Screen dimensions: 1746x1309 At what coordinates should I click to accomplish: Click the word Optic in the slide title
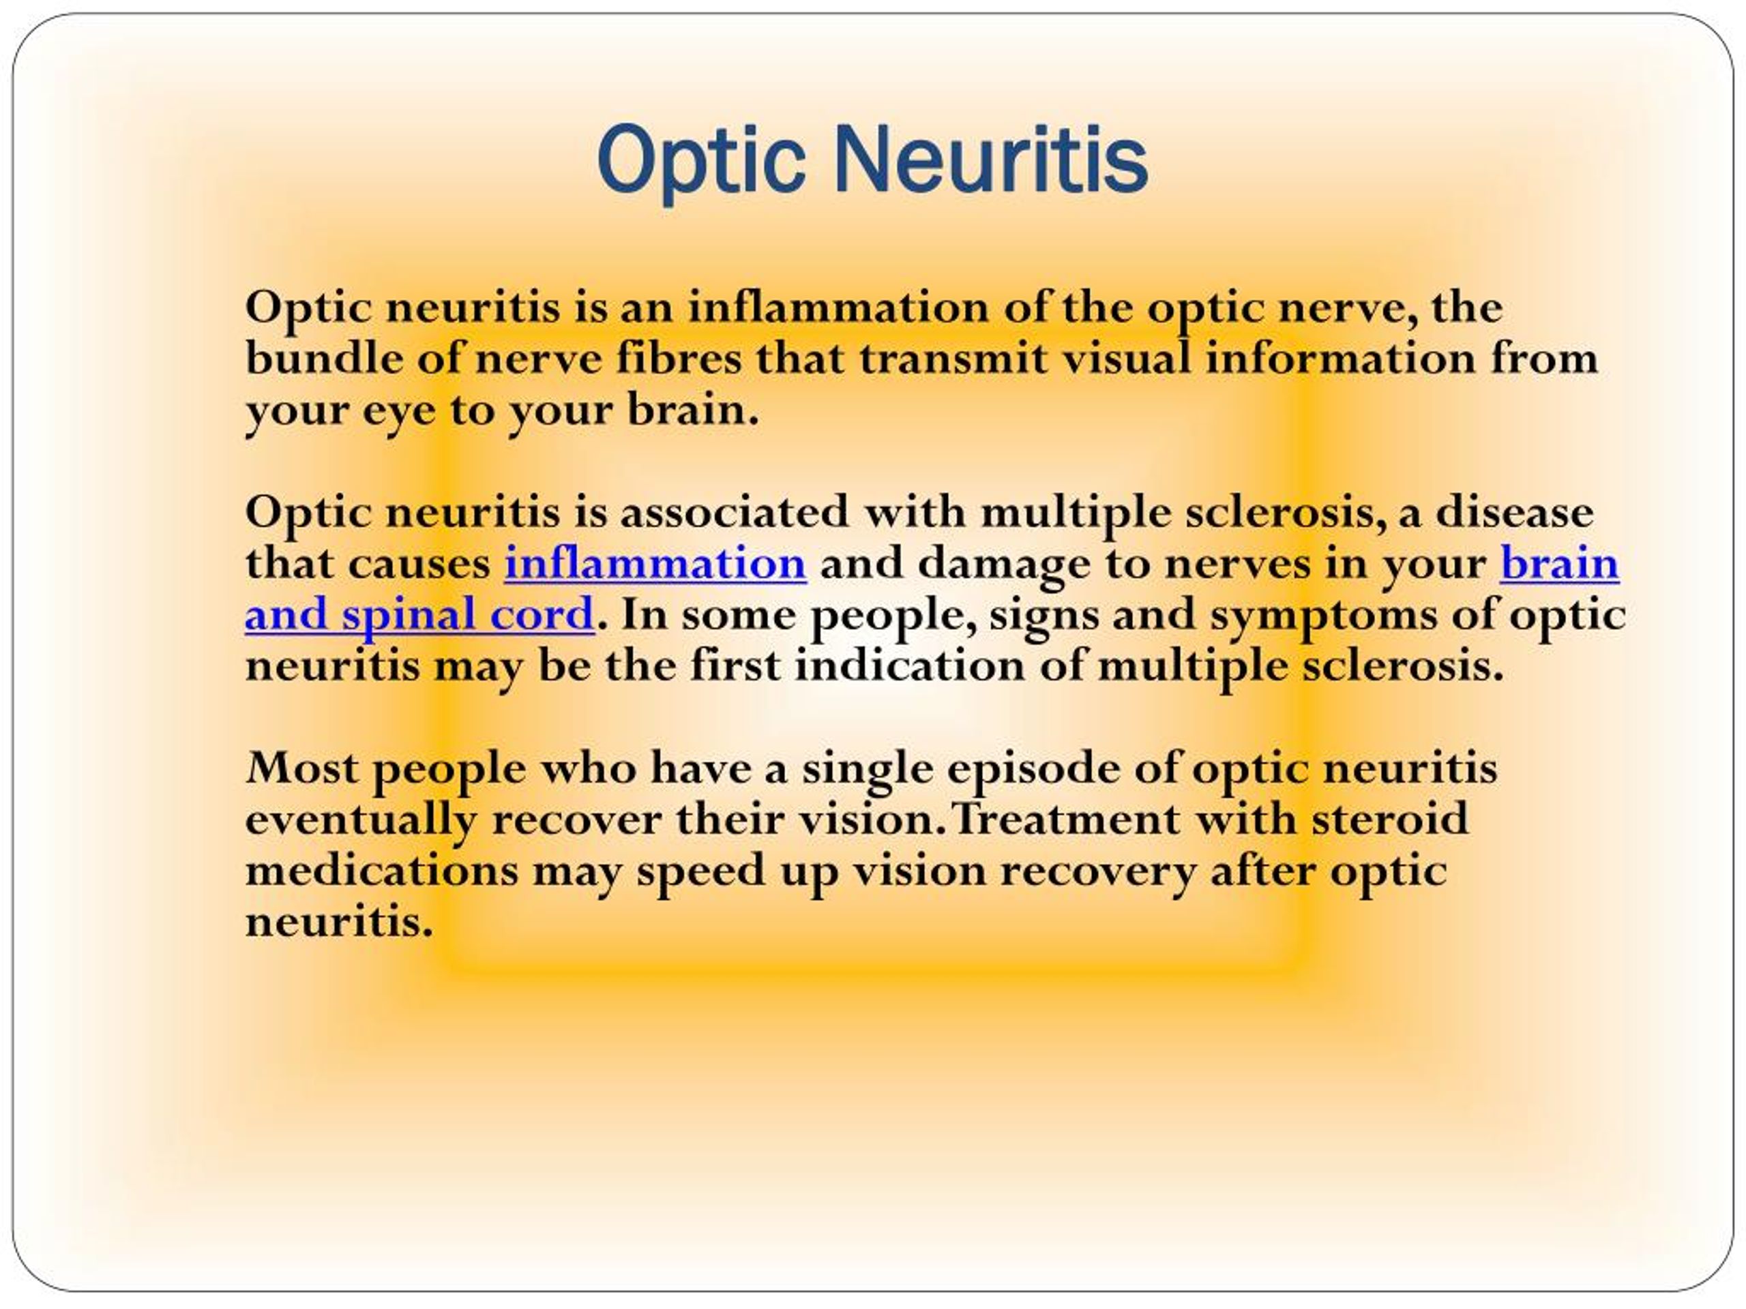pyautogui.click(x=701, y=162)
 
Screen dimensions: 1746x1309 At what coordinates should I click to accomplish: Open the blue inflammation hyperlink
pyautogui.click(x=655, y=563)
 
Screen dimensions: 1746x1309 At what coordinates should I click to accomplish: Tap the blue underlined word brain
pyautogui.click(x=1560, y=563)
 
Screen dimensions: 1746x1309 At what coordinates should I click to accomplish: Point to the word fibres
pyautogui.click(x=678, y=357)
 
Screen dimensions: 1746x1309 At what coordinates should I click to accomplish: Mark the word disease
pyautogui.click(x=1515, y=511)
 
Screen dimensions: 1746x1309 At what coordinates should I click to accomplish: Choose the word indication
pyautogui.click(x=909, y=665)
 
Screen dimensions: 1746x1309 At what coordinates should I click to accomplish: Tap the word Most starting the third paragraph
pyautogui.click(x=302, y=768)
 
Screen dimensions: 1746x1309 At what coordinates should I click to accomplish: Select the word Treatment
pyautogui.click(x=1065, y=819)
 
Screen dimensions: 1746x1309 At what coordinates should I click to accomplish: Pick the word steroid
pyautogui.click(x=1390, y=818)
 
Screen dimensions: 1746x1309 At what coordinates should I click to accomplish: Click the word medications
pyautogui.click(x=382, y=871)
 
